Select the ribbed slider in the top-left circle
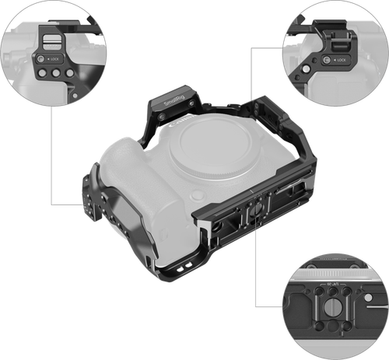50,38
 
